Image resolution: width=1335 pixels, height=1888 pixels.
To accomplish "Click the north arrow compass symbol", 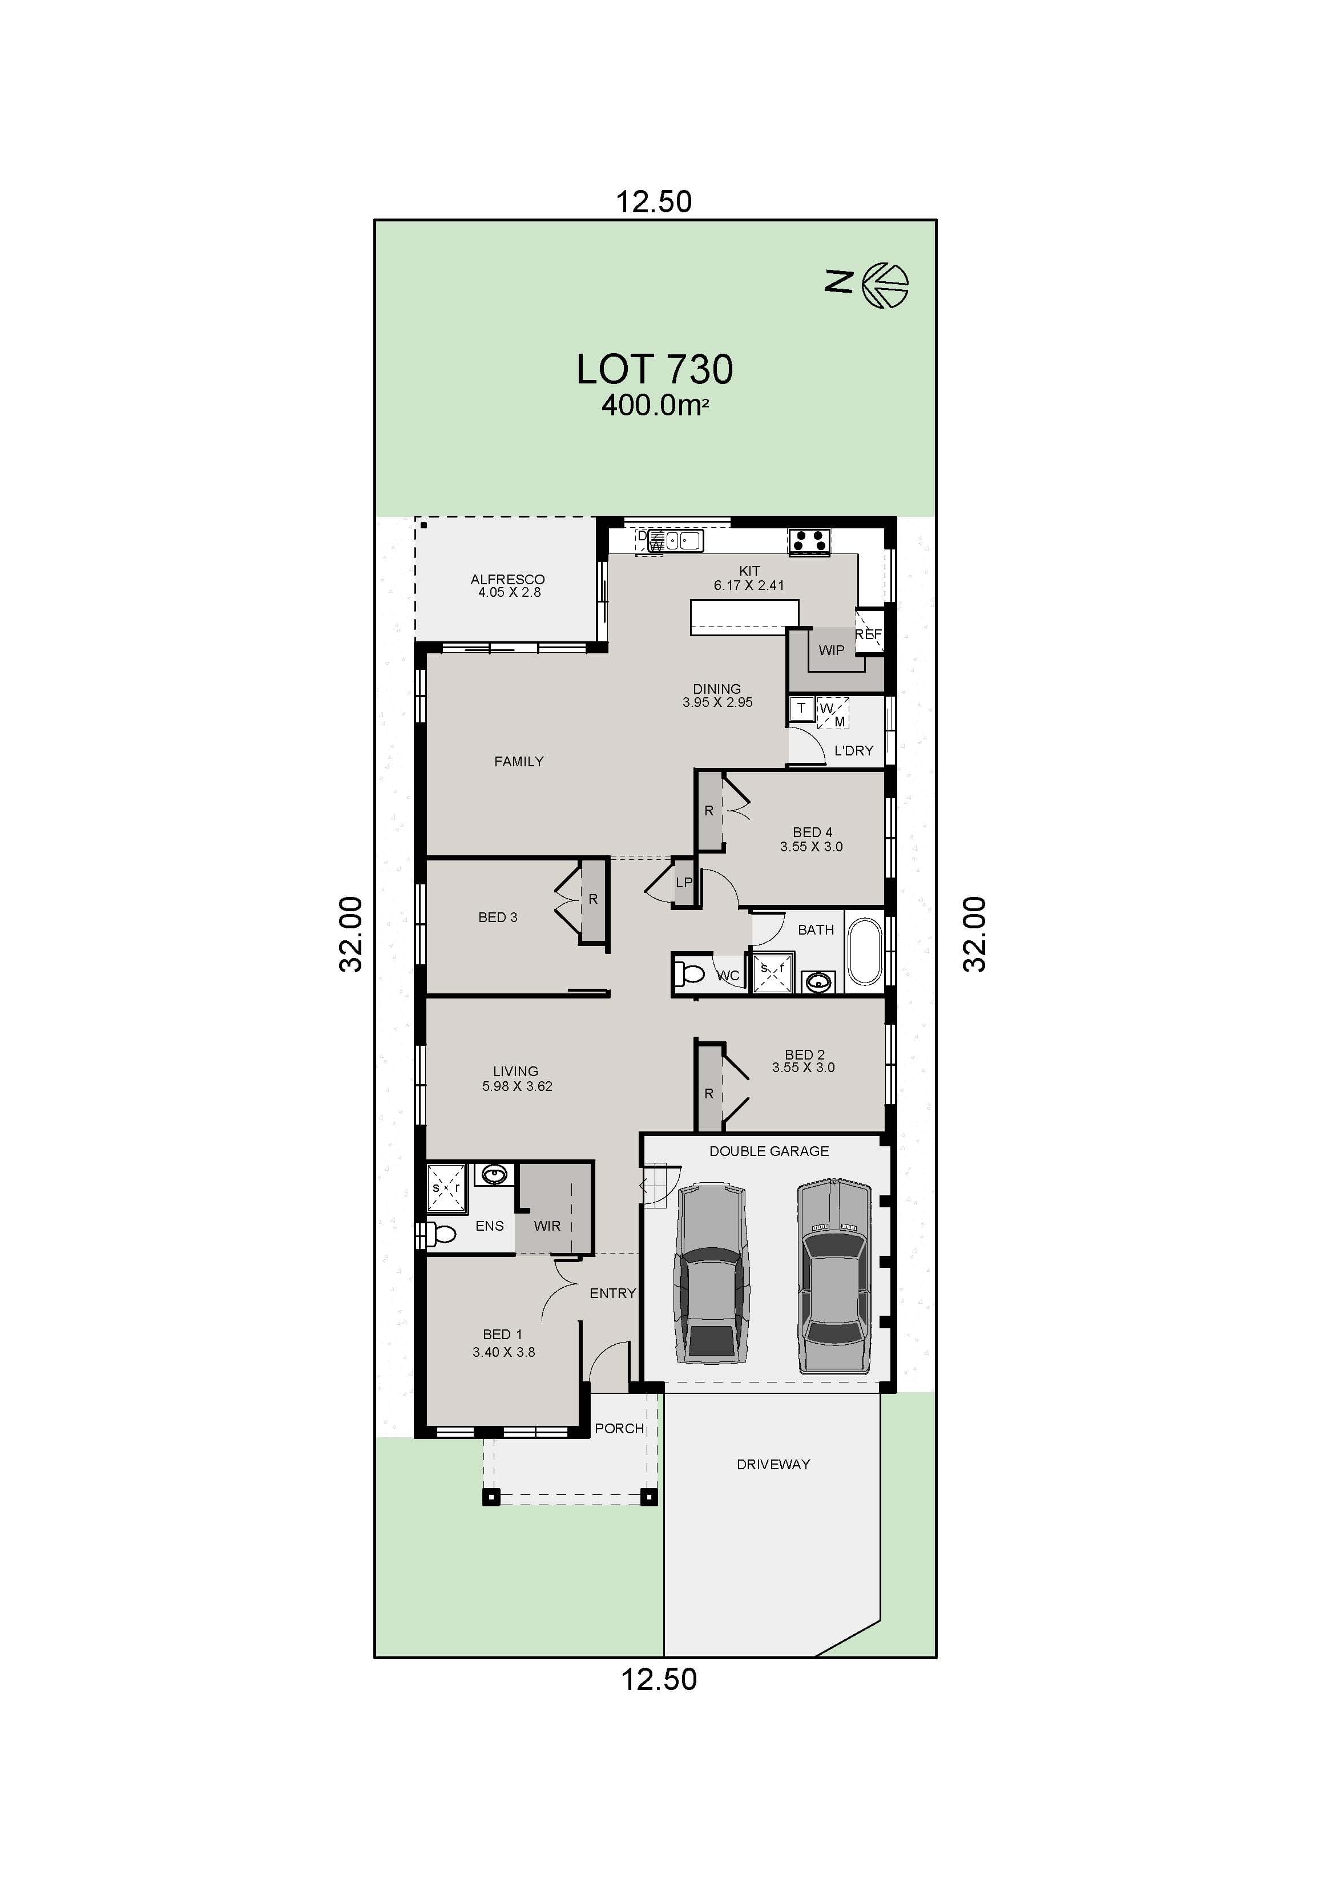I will click(886, 285).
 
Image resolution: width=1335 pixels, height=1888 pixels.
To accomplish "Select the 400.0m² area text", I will click(655, 406).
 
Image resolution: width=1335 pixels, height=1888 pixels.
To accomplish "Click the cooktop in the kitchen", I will click(809, 541).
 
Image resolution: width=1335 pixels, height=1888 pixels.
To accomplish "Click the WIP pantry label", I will click(831, 650).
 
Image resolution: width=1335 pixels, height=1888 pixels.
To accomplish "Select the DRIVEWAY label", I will click(773, 1463).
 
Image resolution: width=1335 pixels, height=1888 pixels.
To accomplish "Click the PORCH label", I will click(619, 1428).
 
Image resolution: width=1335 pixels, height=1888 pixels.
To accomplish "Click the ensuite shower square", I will click(446, 1187).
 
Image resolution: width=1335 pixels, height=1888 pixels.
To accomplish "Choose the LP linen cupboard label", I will click(684, 882).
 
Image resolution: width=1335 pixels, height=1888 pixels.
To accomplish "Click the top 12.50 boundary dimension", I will click(654, 201).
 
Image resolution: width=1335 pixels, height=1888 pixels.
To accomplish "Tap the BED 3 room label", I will click(498, 917).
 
